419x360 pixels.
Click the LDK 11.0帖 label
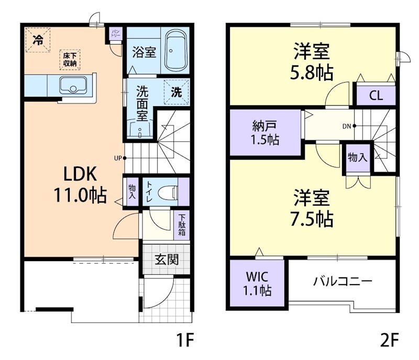[80, 185]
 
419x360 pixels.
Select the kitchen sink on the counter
[73, 84]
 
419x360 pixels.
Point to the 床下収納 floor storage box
[70, 59]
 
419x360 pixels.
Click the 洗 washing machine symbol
[177, 92]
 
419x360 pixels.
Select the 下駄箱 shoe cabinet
[182, 224]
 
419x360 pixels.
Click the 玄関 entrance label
[166, 259]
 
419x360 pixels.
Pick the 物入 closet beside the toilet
[132, 192]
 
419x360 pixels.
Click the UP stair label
[119, 157]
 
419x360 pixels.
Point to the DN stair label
[347, 126]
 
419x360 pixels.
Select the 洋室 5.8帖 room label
[312, 62]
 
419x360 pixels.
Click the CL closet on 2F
[376, 96]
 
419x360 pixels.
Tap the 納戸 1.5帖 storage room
[265, 132]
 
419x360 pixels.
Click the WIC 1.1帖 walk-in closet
[257, 283]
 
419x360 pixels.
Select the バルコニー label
[343, 281]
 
